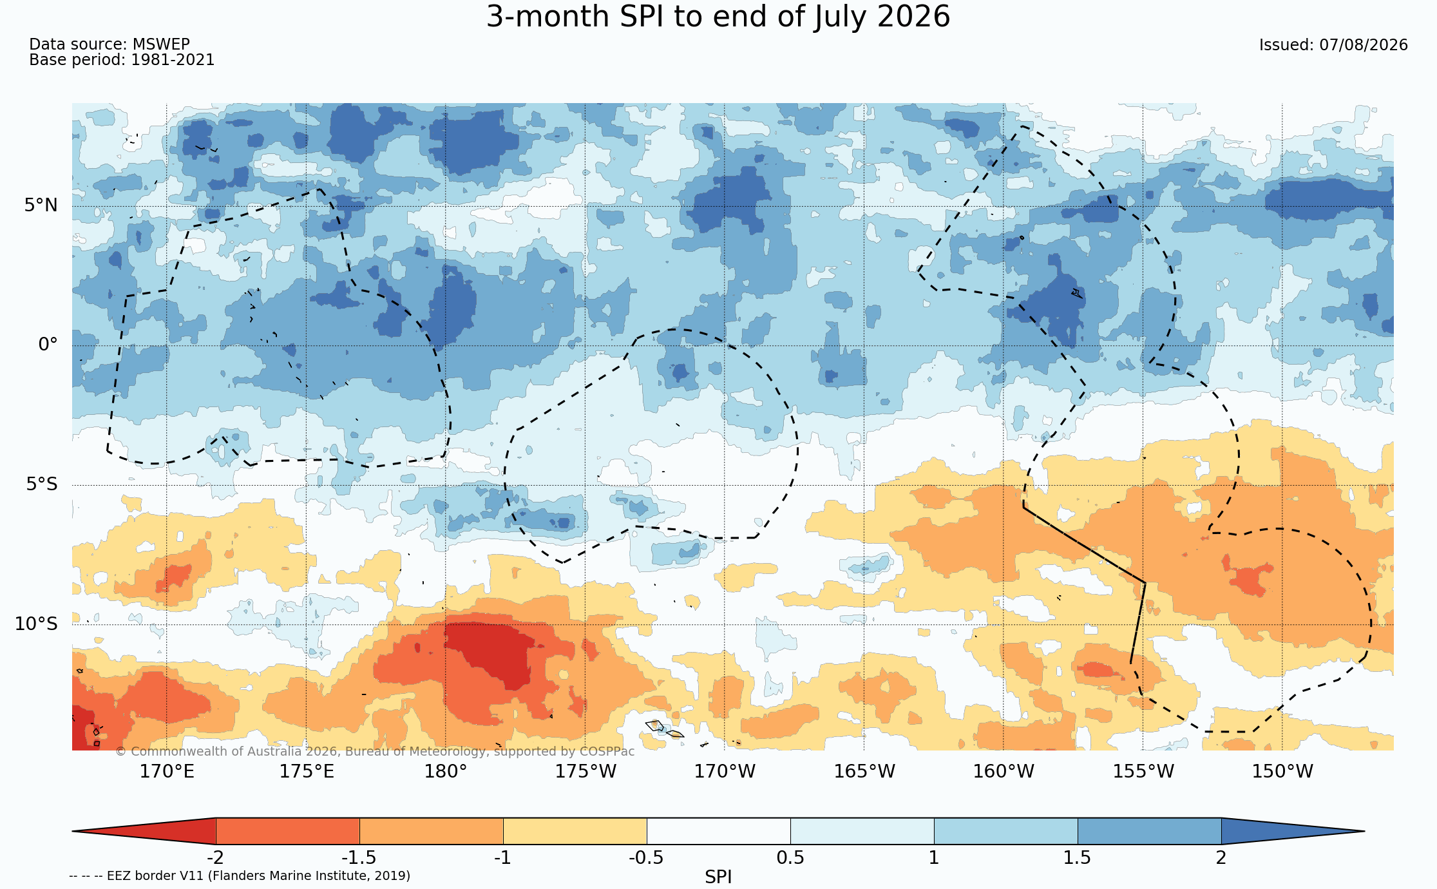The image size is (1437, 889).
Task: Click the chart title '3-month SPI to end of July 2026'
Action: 718,17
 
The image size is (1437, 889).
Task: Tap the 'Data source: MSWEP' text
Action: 109,44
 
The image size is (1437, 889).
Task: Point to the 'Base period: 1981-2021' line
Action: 122,60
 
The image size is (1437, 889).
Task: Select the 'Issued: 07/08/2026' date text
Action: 1333,45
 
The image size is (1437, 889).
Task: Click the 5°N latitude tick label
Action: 41,206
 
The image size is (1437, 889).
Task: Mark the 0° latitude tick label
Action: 48,345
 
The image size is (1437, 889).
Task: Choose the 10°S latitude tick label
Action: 36,624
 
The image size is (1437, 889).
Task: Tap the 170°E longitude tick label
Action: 167,771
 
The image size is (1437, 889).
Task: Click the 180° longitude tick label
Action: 445,771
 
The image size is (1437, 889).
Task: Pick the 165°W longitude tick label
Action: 864,771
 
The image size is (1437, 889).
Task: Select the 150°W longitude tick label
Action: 1282,771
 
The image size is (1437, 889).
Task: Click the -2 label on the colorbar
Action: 215,858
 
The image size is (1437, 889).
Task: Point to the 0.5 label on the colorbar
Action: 790,858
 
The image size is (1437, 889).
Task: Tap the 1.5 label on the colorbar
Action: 1078,858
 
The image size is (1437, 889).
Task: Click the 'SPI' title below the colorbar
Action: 718,877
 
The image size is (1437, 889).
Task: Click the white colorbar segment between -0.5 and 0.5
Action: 719,831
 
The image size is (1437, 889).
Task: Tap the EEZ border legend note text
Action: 240,876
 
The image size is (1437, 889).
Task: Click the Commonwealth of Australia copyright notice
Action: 375,752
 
